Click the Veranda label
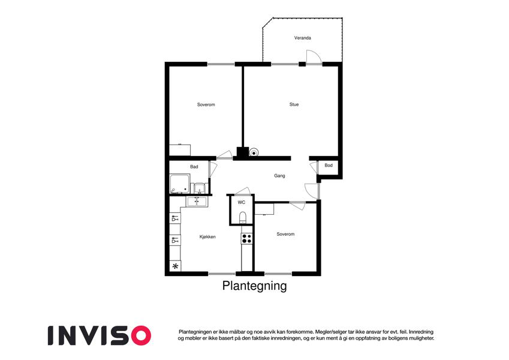(x=303, y=38)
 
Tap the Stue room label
(x=294, y=104)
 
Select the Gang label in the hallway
(x=279, y=176)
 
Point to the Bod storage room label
(x=329, y=166)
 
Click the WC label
(x=241, y=202)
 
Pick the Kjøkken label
(x=207, y=237)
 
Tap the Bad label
(x=194, y=167)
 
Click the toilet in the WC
(x=242, y=217)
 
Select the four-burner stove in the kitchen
(x=246, y=238)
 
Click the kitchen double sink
(x=197, y=202)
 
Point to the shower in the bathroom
(x=179, y=184)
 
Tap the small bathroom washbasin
(x=199, y=188)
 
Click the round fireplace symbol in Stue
(x=254, y=152)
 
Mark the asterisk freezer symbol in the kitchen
(x=175, y=266)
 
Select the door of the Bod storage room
(x=314, y=167)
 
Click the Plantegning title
(x=254, y=286)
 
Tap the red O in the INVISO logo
(x=140, y=335)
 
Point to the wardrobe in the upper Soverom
(x=180, y=150)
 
